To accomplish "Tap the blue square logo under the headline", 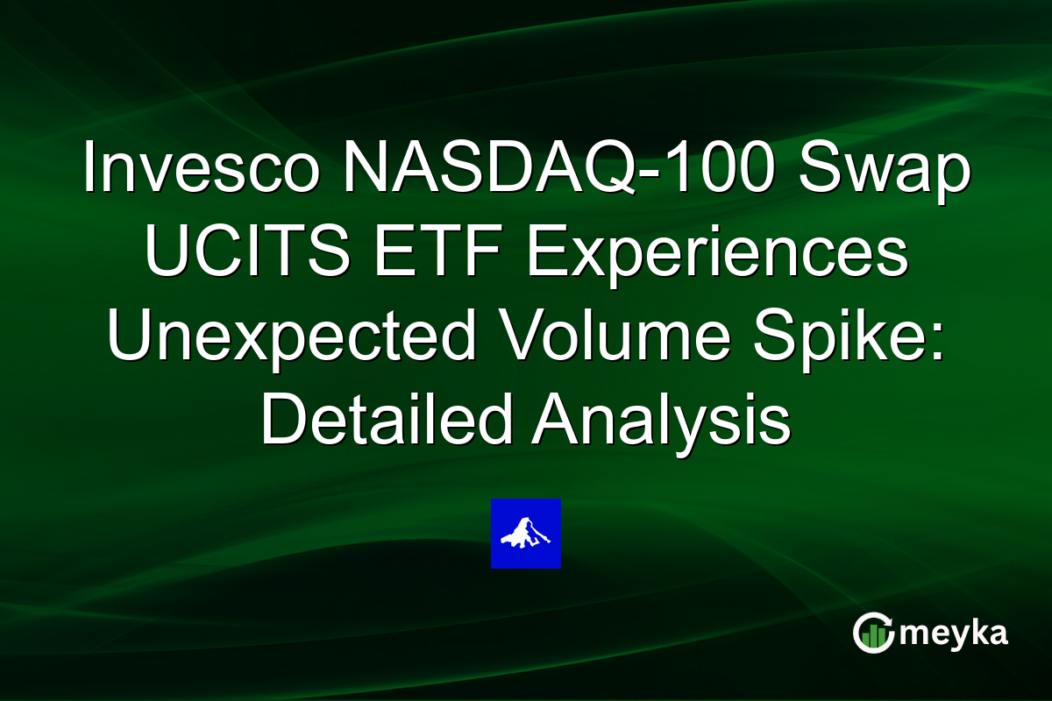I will click(x=526, y=534).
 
